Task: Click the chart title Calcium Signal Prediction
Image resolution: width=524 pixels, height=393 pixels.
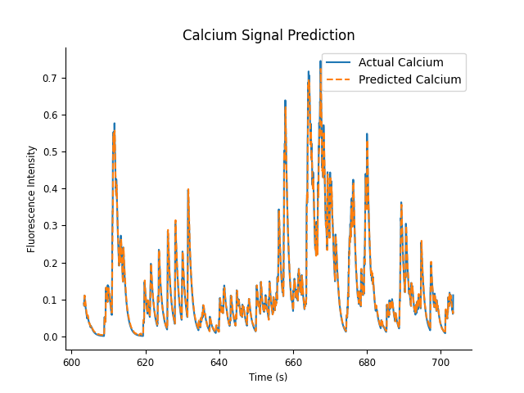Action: click(269, 36)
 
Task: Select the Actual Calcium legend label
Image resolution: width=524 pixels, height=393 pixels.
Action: click(400, 63)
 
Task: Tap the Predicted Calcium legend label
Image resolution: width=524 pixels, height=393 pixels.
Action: click(409, 80)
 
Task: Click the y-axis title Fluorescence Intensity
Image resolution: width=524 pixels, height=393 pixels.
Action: click(32, 198)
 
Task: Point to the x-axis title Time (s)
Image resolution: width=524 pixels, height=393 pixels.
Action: click(269, 377)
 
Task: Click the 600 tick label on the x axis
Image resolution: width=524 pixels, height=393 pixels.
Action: click(71, 361)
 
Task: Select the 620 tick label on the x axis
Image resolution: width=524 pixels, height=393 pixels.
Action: click(145, 361)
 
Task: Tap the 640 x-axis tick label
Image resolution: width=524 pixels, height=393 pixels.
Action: click(219, 361)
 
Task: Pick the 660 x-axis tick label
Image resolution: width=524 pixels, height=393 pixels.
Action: click(293, 361)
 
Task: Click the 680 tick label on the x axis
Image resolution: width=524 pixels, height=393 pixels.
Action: click(367, 361)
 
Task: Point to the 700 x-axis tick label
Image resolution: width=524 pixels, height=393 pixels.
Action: click(440, 361)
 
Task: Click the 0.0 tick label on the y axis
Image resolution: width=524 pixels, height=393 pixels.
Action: click(52, 337)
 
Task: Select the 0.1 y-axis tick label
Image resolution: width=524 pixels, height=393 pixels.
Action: click(52, 300)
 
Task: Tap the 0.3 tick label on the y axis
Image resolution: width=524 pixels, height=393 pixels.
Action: click(52, 226)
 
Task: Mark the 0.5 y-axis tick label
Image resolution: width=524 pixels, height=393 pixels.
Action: click(52, 152)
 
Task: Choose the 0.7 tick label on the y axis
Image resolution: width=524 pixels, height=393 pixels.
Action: click(52, 79)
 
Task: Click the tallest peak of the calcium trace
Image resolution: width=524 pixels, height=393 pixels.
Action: click(320, 61)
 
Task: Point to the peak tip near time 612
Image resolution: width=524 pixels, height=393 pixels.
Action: click(114, 124)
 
